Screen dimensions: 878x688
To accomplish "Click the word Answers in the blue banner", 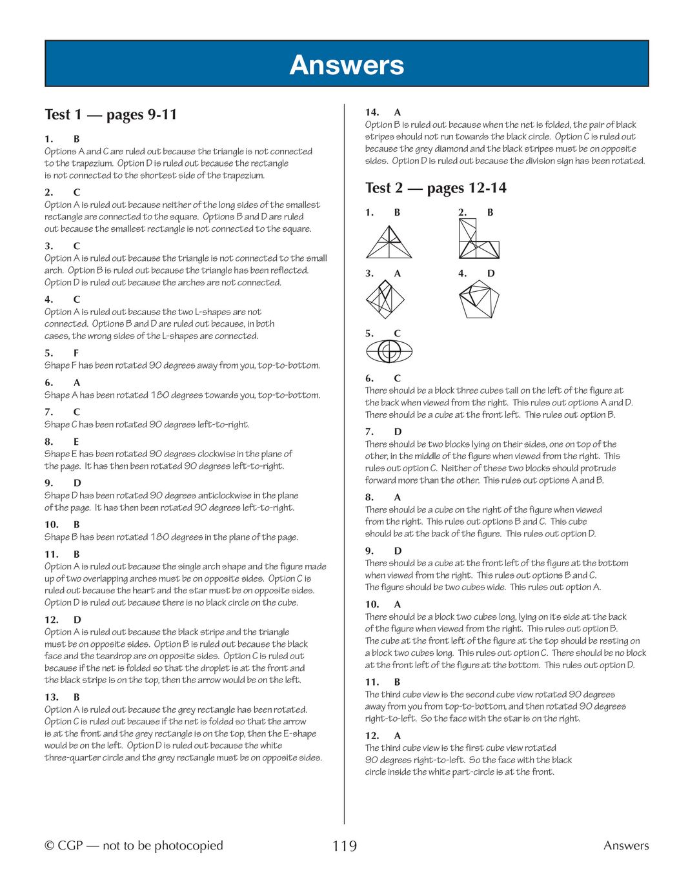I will pos(347,65).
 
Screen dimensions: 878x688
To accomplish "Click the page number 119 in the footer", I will pos(344,846).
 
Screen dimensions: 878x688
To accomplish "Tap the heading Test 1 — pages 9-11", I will pos(110,115).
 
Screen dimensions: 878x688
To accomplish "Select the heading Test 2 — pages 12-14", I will pos(436,188).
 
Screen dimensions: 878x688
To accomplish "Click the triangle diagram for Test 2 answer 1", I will pos(389,243).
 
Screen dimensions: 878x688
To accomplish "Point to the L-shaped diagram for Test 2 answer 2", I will pos(478,240).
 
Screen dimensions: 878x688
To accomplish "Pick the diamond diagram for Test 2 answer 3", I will pos(385,299).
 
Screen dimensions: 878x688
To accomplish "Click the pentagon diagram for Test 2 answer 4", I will pos(479,299).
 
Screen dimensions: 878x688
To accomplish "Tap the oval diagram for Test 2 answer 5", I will pos(389,351).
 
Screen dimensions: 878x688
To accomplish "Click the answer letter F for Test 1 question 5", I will pos(76,353).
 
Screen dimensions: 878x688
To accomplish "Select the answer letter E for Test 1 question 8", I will pos(76,442).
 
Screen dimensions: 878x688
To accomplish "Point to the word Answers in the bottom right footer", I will pos(626,846).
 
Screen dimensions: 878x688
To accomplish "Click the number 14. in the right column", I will pos(372,112).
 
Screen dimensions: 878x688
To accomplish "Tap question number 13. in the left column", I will pos(52,697).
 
